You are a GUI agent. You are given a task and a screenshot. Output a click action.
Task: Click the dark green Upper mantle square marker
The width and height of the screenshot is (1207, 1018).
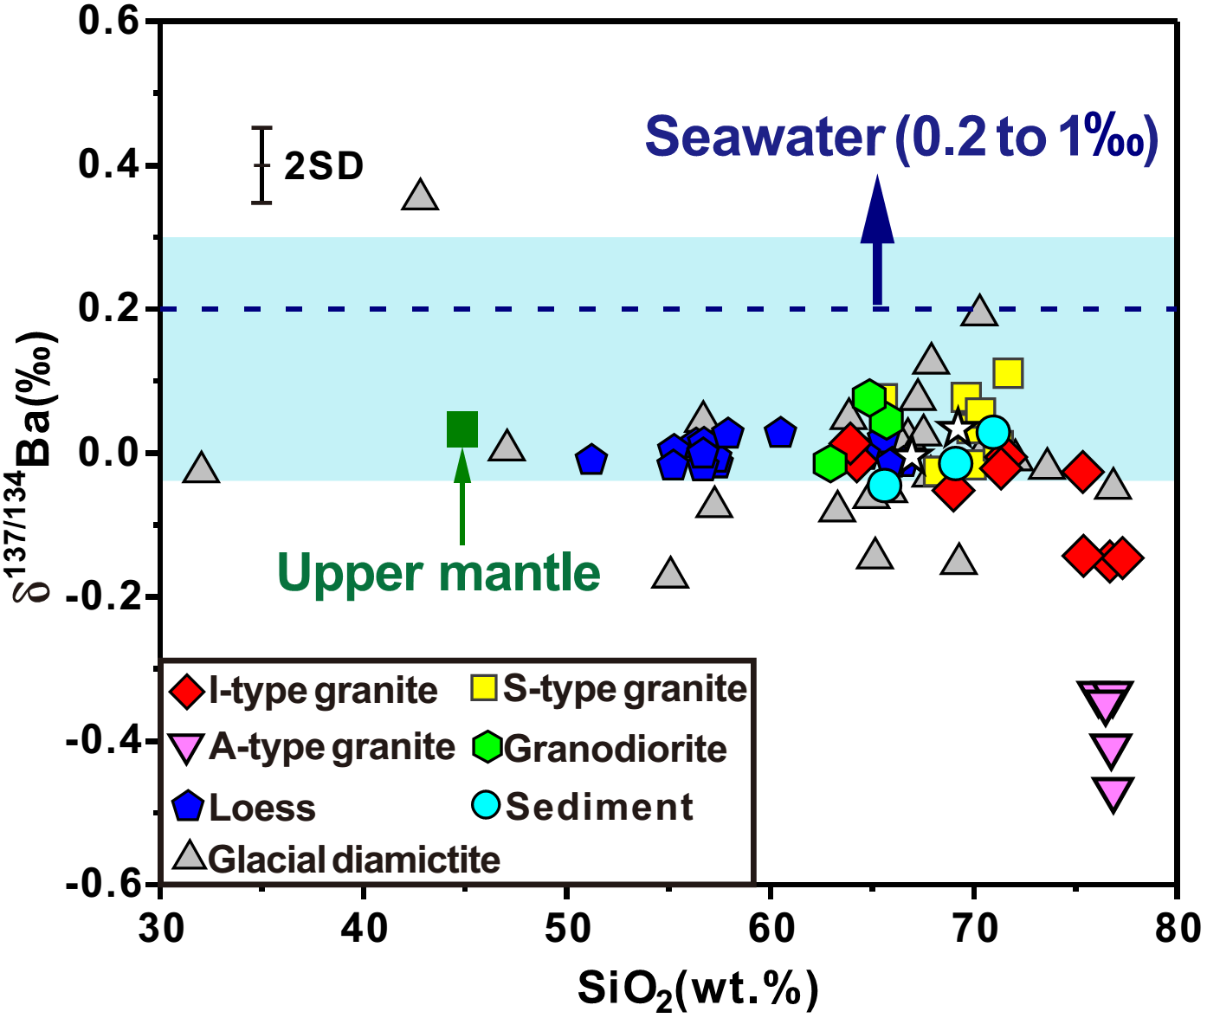462,429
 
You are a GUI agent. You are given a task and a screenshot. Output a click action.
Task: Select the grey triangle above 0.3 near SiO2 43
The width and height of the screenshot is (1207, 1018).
420,197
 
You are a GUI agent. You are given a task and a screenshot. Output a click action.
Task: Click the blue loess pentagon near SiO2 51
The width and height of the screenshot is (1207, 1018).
591,460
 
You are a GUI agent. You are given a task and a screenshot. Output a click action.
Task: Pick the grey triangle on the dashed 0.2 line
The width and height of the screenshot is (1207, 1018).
979,311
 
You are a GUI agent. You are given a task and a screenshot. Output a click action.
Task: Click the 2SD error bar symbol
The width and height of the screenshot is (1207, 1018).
261,165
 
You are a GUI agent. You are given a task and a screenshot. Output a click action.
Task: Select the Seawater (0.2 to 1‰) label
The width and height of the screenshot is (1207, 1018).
900,138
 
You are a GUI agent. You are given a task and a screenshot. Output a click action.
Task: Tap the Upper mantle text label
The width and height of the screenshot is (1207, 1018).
439,573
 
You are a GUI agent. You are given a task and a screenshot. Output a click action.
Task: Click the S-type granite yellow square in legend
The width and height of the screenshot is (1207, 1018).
484,688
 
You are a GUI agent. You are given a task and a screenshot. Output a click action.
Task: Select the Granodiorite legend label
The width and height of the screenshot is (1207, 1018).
616,749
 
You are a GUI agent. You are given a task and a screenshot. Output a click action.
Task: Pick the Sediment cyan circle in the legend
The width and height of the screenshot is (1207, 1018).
486,805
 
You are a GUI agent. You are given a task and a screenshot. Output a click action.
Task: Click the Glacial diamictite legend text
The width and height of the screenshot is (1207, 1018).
354,860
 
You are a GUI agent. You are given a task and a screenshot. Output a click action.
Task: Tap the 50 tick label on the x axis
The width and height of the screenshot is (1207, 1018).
567,929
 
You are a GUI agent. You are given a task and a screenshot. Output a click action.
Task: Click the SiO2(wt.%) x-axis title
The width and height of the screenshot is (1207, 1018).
697,989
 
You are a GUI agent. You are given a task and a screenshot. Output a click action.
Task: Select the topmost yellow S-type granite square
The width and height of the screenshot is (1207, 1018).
1008,373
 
